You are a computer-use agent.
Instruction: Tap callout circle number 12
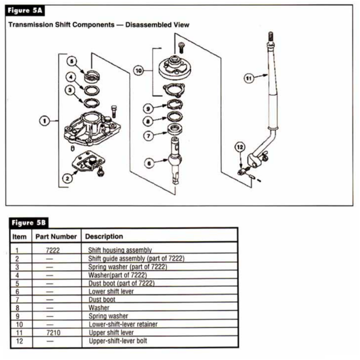[240, 147]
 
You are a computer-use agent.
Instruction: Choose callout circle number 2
[68, 177]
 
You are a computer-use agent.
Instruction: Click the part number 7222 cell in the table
[53, 249]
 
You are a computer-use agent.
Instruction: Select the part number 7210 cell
[53, 332]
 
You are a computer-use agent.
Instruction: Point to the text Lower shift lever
[112, 290]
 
